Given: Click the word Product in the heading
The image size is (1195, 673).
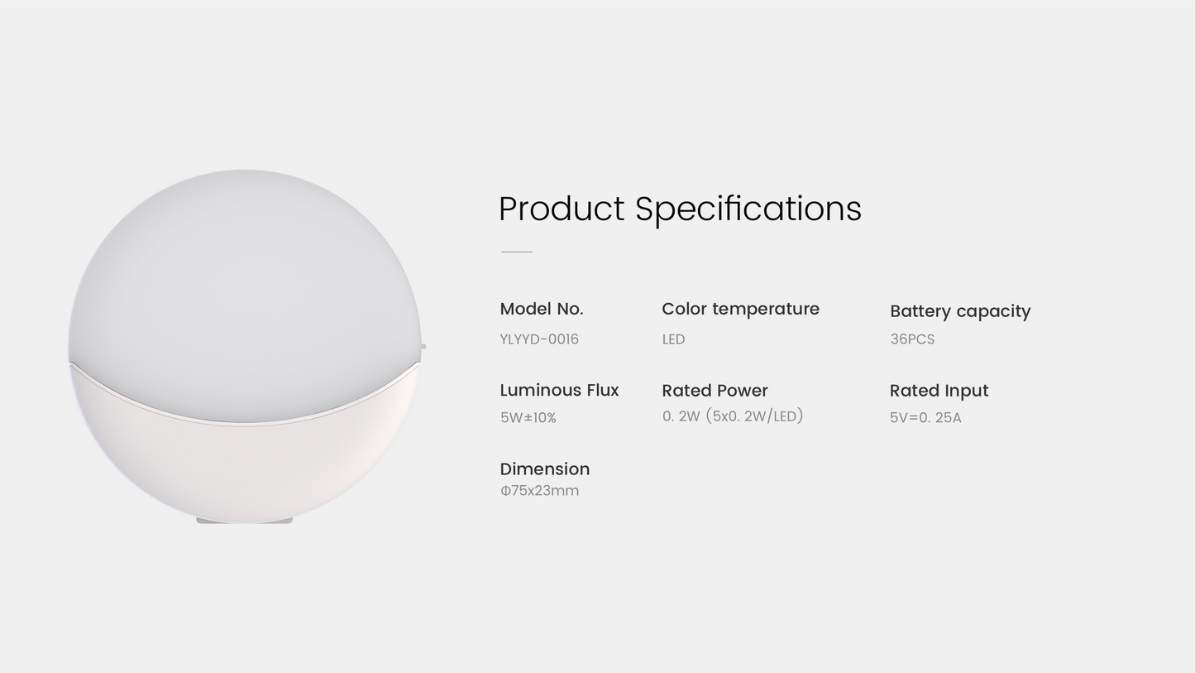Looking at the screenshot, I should [x=562, y=209].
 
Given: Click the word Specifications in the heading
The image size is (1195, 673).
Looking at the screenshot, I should [x=748, y=209].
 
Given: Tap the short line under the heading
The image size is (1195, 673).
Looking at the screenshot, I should [x=517, y=251].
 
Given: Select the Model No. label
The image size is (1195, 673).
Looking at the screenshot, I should [x=542, y=309].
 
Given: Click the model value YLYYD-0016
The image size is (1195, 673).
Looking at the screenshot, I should [x=539, y=339].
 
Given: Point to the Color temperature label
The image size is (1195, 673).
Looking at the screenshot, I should [x=740, y=309].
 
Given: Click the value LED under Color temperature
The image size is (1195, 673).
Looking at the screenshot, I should [x=673, y=339].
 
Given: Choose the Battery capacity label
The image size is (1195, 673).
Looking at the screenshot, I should [x=960, y=311].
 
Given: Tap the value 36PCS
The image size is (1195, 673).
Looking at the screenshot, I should [x=912, y=339].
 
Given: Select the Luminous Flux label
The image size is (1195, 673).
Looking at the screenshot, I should [x=559, y=390].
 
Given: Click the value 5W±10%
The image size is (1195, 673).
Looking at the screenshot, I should [x=528, y=418].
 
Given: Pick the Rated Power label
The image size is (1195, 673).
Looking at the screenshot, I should [x=715, y=391].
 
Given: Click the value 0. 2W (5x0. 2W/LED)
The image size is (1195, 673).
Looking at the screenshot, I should [x=733, y=416].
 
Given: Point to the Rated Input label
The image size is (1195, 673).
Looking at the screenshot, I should [x=939, y=391].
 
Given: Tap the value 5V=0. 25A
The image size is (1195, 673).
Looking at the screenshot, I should [x=925, y=418].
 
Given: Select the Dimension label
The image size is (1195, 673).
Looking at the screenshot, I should [x=544, y=469].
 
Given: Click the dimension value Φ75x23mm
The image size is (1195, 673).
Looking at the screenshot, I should [x=539, y=491].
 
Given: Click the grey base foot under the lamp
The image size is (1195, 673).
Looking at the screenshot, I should [x=244, y=521].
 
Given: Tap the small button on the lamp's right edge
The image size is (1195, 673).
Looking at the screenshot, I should [x=423, y=347].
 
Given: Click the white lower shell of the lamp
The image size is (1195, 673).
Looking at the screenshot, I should [x=244, y=472].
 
